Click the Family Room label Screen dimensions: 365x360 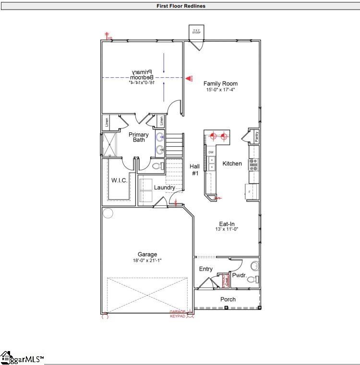point(220,83)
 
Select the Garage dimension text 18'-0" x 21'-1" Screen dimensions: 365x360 point(147,261)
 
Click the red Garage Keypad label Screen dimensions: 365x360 point(178,314)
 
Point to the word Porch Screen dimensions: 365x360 point(228,299)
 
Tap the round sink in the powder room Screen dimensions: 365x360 point(254,265)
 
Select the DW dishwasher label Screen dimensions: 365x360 point(211,152)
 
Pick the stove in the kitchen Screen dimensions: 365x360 point(253,165)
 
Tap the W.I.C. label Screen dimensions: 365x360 point(119,180)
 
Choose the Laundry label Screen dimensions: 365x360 point(164,188)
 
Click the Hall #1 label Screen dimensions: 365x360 point(195,170)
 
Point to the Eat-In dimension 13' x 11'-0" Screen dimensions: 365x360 point(227,229)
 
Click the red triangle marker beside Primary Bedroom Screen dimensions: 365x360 point(189,78)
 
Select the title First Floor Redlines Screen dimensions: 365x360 point(181,6)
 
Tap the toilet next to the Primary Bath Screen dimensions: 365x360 point(155,166)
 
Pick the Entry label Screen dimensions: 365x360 point(205,269)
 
